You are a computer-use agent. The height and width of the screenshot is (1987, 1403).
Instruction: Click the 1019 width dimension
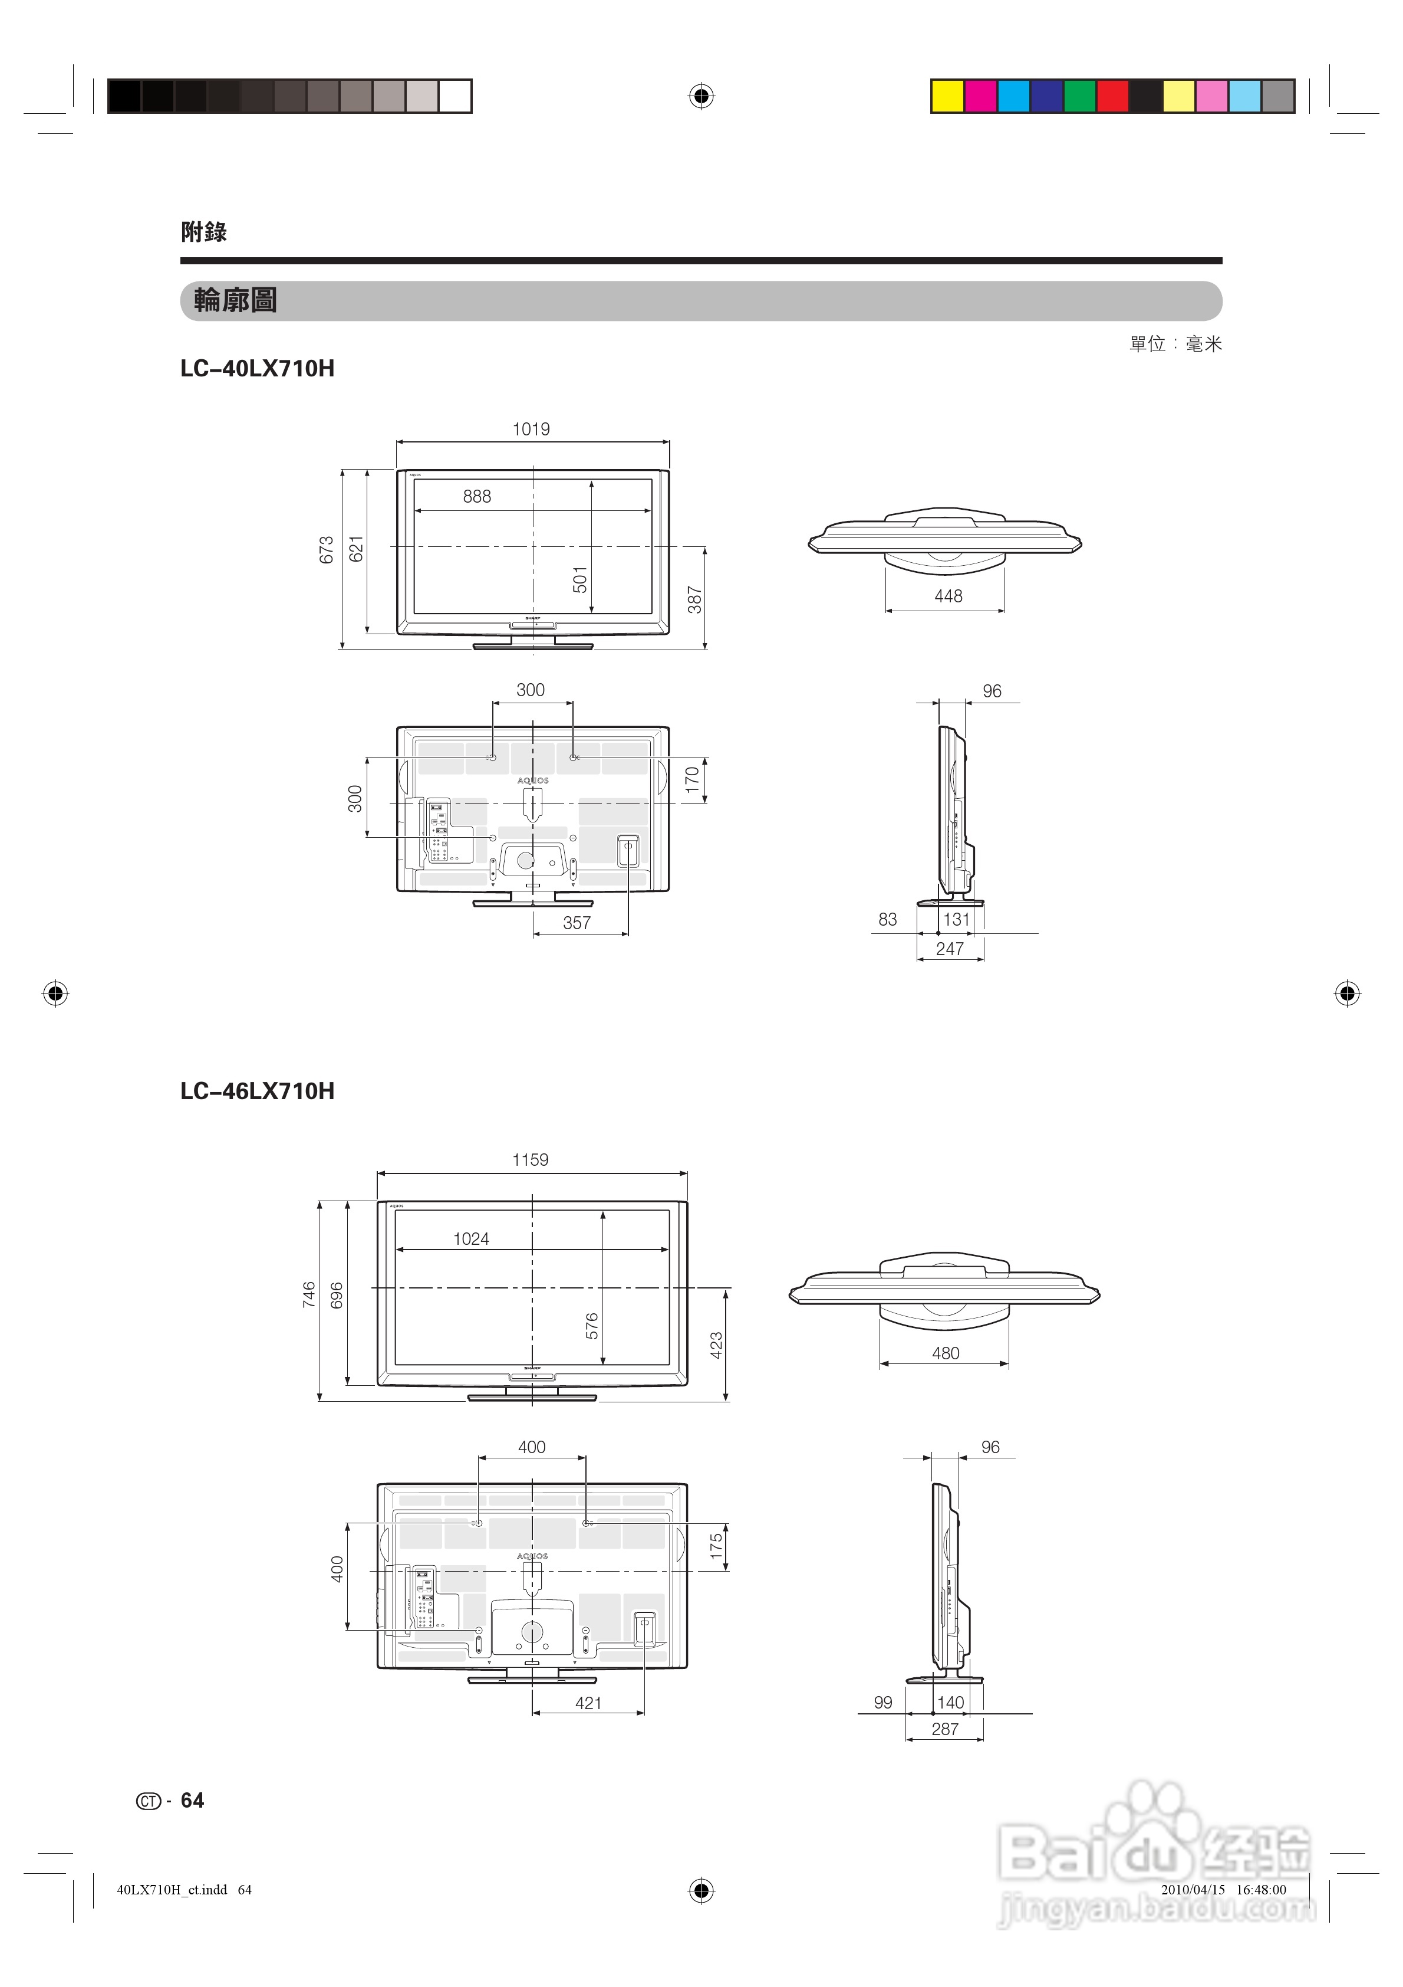(531, 429)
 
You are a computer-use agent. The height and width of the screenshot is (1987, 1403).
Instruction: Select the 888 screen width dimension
(476, 497)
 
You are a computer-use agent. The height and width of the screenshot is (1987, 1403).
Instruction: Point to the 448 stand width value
(948, 596)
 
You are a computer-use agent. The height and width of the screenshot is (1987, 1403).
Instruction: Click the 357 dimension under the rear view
(577, 923)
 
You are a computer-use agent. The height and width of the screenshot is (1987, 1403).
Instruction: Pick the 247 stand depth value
(950, 949)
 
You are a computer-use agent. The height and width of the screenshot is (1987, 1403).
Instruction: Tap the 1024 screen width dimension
(472, 1240)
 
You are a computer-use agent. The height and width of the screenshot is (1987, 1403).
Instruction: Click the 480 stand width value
(946, 1353)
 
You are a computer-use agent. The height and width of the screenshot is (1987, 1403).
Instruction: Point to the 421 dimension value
(588, 1703)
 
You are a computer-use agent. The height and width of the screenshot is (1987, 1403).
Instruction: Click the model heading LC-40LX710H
(257, 369)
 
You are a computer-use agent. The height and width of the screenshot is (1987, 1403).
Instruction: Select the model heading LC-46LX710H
(257, 1091)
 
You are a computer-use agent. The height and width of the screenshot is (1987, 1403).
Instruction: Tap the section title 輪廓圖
(235, 301)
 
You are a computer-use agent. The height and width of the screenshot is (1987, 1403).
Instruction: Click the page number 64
(192, 1801)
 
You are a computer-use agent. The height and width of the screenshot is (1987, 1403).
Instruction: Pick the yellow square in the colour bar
(948, 96)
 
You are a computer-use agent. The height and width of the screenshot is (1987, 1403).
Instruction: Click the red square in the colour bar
(1112, 96)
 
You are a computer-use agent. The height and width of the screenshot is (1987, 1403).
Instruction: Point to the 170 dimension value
(692, 781)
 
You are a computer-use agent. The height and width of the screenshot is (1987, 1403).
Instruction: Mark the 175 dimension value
(716, 1546)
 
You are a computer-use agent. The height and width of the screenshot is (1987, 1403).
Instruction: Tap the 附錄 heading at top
(204, 232)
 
